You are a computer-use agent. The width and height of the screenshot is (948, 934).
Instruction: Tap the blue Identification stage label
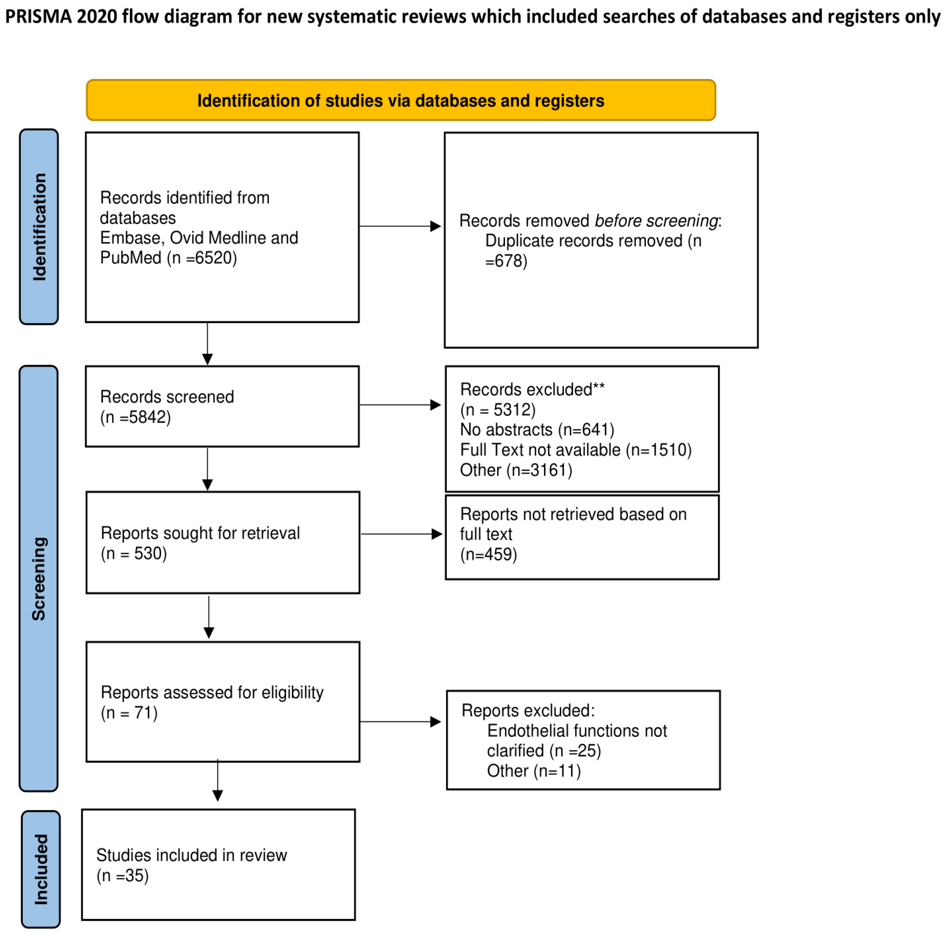click(x=39, y=227)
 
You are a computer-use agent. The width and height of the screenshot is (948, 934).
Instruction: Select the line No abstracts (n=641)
click(x=537, y=430)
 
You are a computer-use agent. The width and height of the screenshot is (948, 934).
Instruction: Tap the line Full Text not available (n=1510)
click(x=575, y=450)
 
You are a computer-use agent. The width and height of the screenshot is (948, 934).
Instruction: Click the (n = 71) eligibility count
click(x=129, y=713)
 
